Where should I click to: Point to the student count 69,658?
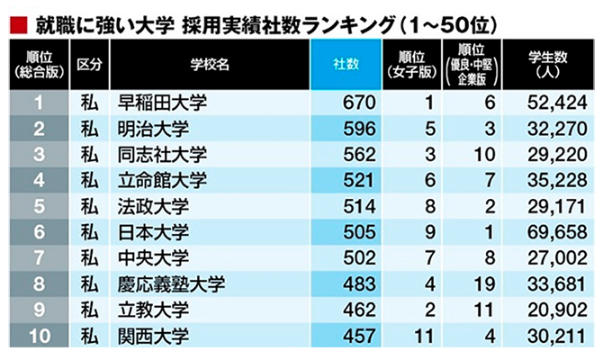pyautogui.click(x=557, y=233)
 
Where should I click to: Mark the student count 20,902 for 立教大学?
pyautogui.click(x=557, y=312)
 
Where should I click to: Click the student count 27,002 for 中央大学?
pyautogui.click(x=557, y=260)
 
